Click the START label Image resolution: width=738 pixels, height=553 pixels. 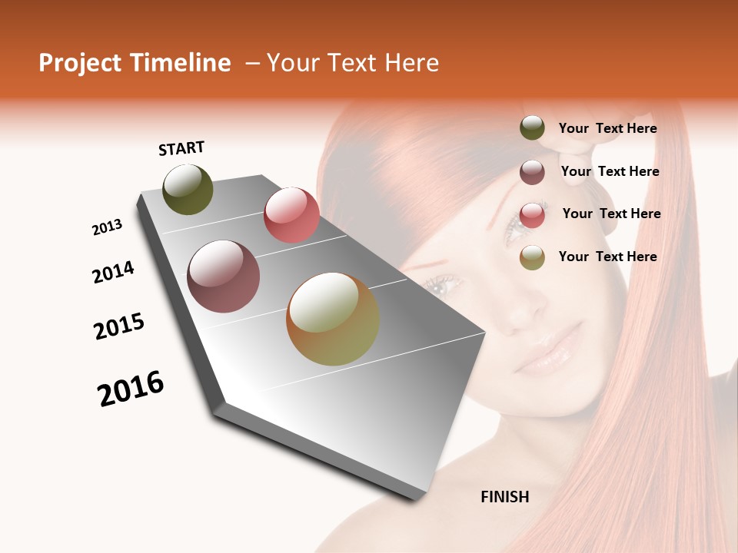(x=181, y=148)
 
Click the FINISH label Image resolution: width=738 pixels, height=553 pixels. (x=504, y=497)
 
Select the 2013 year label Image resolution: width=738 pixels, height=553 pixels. (x=107, y=227)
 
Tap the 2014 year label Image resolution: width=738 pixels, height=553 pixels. (x=113, y=273)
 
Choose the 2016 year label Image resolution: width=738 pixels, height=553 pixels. (x=131, y=389)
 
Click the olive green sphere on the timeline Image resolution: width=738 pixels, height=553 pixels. (x=188, y=190)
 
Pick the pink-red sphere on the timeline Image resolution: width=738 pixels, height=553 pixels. (x=291, y=215)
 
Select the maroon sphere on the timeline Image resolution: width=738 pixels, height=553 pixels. (x=224, y=276)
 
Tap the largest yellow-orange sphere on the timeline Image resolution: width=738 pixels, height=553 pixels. (x=332, y=320)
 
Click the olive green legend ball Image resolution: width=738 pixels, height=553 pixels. (x=532, y=128)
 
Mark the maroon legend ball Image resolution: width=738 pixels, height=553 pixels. (x=532, y=172)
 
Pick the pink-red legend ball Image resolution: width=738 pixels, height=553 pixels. (x=532, y=214)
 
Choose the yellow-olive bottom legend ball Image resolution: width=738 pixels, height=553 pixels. (x=532, y=257)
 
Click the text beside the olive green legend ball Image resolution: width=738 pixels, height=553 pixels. (x=607, y=129)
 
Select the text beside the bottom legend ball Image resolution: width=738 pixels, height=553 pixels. (x=607, y=257)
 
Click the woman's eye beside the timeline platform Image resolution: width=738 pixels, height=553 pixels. (x=443, y=286)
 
